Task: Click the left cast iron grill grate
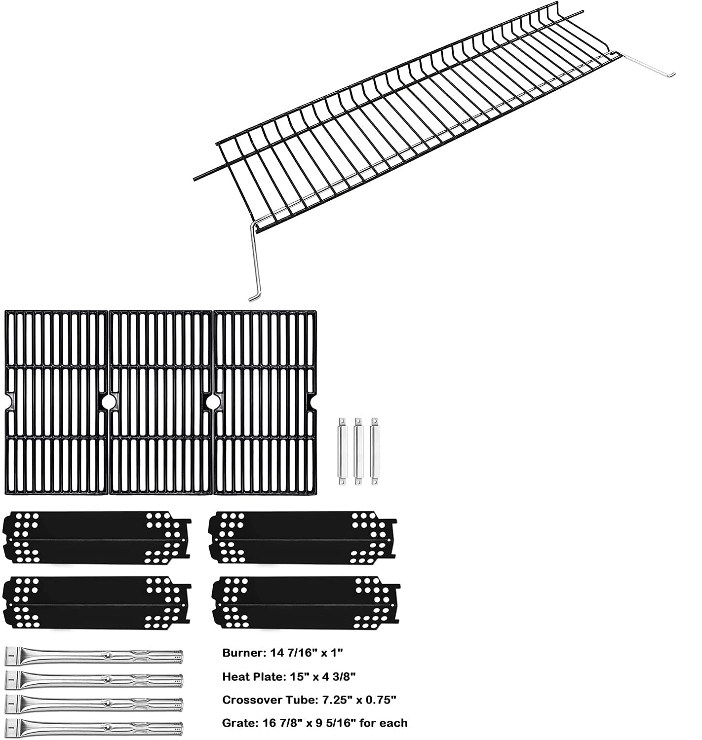pyautogui.click(x=56, y=402)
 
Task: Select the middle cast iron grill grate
pyautogui.click(x=160, y=402)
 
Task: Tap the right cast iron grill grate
pyautogui.click(x=265, y=402)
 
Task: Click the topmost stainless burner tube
pyautogui.click(x=94, y=657)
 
